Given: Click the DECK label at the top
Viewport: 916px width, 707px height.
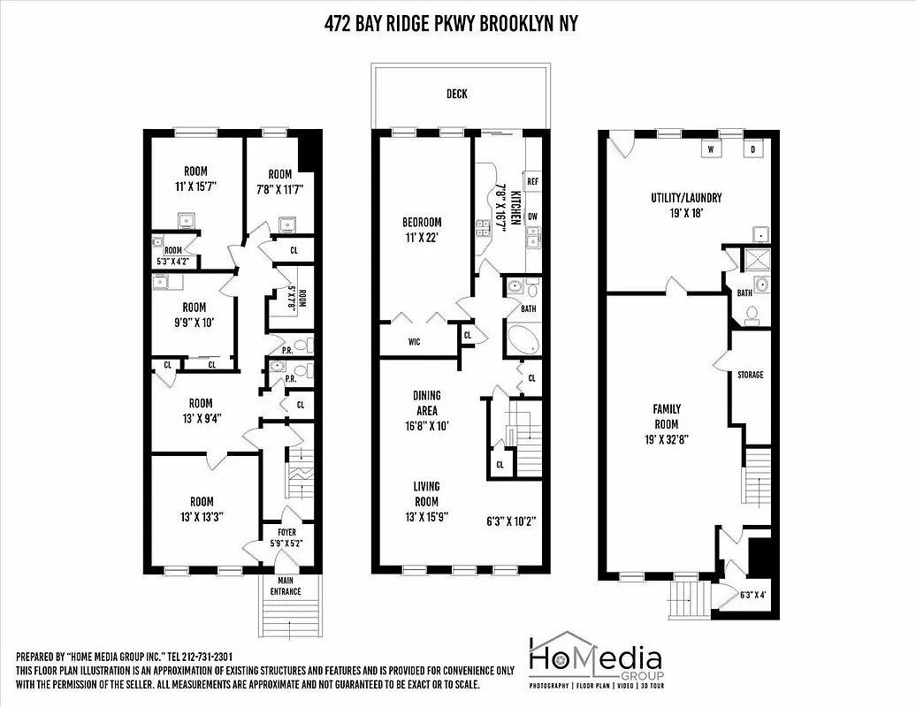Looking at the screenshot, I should [x=457, y=94].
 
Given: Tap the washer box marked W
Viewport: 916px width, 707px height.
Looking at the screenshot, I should [x=709, y=149].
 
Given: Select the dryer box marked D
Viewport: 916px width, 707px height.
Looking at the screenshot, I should [x=754, y=149].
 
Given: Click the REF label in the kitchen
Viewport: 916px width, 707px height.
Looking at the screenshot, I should [x=532, y=181].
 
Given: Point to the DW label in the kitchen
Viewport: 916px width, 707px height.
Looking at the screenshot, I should [x=532, y=217].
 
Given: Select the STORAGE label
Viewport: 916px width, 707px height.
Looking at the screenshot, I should [x=750, y=375].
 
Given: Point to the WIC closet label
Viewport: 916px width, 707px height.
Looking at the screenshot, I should [x=414, y=340].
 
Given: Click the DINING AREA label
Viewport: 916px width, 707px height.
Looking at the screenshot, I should [x=426, y=403].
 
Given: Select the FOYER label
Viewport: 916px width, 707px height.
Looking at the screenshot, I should [x=287, y=532].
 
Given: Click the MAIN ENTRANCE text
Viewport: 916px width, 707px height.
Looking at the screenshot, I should [x=285, y=585].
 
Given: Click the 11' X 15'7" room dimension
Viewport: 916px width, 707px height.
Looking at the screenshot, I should [x=195, y=187].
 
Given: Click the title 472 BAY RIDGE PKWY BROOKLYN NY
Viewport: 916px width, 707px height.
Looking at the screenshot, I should [x=451, y=24].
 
